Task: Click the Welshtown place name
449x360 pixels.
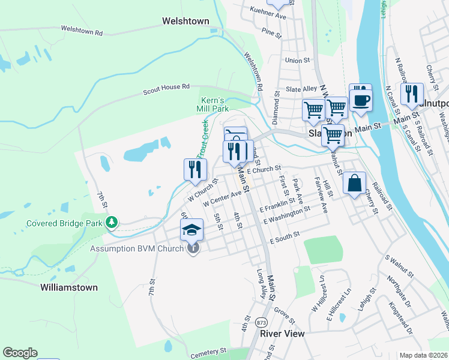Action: (x=185, y=21)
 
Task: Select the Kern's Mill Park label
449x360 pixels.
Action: (x=212, y=104)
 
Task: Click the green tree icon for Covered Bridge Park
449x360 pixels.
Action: (x=111, y=223)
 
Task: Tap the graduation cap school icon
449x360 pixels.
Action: (x=192, y=230)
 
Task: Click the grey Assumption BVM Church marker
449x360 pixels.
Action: (x=192, y=248)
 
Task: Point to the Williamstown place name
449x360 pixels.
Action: (x=69, y=287)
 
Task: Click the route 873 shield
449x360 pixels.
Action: (x=262, y=323)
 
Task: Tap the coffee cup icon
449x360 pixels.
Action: (x=360, y=98)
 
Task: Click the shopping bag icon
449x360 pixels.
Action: (x=355, y=182)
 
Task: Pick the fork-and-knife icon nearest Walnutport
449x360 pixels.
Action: (x=411, y=93)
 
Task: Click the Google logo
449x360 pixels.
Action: (x=20, y=353)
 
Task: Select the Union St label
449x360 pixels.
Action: (x=297, y=61)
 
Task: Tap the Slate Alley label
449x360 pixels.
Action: (x=301, y=89)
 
